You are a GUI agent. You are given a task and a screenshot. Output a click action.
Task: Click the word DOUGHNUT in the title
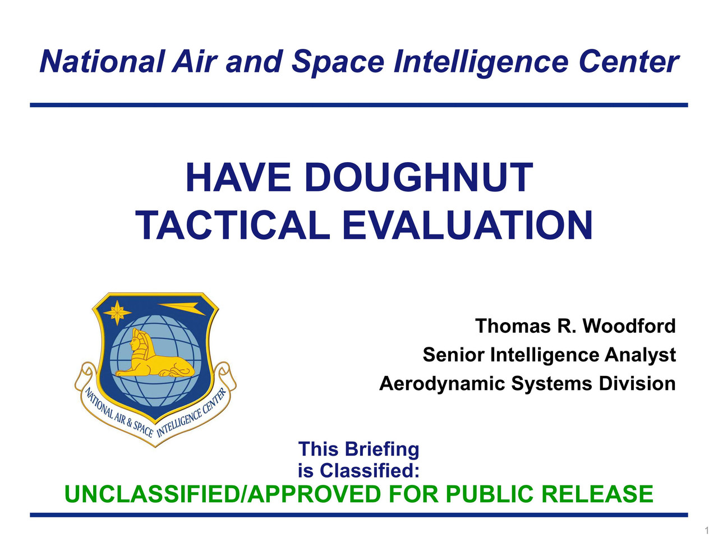click(x=418, y=177)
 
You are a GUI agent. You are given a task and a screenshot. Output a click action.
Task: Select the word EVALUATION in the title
click(x=467, y=225)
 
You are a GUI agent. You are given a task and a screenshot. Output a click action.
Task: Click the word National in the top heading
click(x=101, y=62)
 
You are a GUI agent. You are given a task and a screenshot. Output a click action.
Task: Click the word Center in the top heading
click(x=629, y=62)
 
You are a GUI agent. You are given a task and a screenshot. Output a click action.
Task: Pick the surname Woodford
click(x=629, y=326)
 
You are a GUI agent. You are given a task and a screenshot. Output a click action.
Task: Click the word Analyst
click(x=640, y=355)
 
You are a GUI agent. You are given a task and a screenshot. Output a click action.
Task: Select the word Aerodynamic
click(x=442, y=384)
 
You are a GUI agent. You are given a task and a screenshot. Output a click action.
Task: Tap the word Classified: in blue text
click(x=370, y=470)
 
